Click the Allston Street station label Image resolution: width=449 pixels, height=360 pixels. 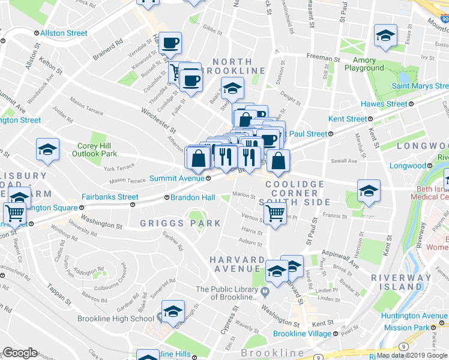(64, 33)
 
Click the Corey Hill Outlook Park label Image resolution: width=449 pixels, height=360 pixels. (97, 149)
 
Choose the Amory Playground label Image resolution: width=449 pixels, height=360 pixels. (364, 64)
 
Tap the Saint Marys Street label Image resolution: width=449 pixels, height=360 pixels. (420, 86)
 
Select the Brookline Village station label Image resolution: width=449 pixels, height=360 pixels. (303, 334)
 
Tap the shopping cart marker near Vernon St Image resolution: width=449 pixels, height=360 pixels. (275, 212)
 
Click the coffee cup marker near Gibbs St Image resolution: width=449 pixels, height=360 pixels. (170, 43)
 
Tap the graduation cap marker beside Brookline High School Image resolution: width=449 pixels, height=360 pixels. (173, 311)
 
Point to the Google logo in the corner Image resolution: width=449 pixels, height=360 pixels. (20, 353)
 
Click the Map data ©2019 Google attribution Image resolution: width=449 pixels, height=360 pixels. (412, 355)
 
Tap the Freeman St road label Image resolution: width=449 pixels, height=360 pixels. (323, 59)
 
